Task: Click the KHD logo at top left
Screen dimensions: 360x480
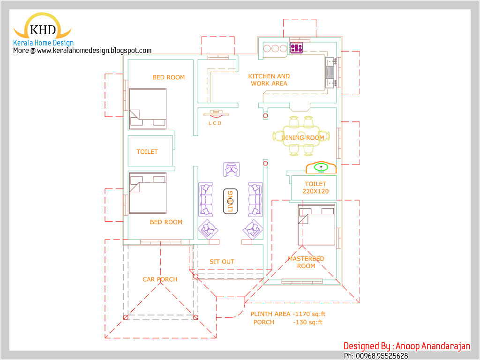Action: tap(42, 28)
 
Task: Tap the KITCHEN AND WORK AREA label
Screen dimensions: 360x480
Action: tap(269, 80)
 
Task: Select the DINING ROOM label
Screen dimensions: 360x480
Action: tap(303, 138)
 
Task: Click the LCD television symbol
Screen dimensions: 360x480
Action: tap(215, 113)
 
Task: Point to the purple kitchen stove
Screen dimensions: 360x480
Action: tap(296, 48)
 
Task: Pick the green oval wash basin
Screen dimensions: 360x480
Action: tap(321, 167)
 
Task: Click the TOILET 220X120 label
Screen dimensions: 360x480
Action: tap(315, 187)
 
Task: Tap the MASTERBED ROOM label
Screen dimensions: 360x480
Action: tap(306, 262)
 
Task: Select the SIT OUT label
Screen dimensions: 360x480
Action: tap(222, 262)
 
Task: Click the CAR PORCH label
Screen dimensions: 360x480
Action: tap(160, 279)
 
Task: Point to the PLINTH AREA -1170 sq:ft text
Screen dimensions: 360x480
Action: tap(288, 314)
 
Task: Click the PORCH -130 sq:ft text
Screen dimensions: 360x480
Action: tap(288, 322)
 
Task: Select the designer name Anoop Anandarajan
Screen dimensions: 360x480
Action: tap(406, 346)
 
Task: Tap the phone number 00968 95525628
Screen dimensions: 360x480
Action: tap(376, 356)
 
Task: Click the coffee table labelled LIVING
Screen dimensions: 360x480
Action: tap(230, 201)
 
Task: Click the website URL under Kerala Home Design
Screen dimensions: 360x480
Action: tap(82, 51)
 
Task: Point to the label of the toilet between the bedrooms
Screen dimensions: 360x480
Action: tap(147, 152)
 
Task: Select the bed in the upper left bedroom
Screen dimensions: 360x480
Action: tap(148, 108)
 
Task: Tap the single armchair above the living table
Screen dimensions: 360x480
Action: tap(232, 170)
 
